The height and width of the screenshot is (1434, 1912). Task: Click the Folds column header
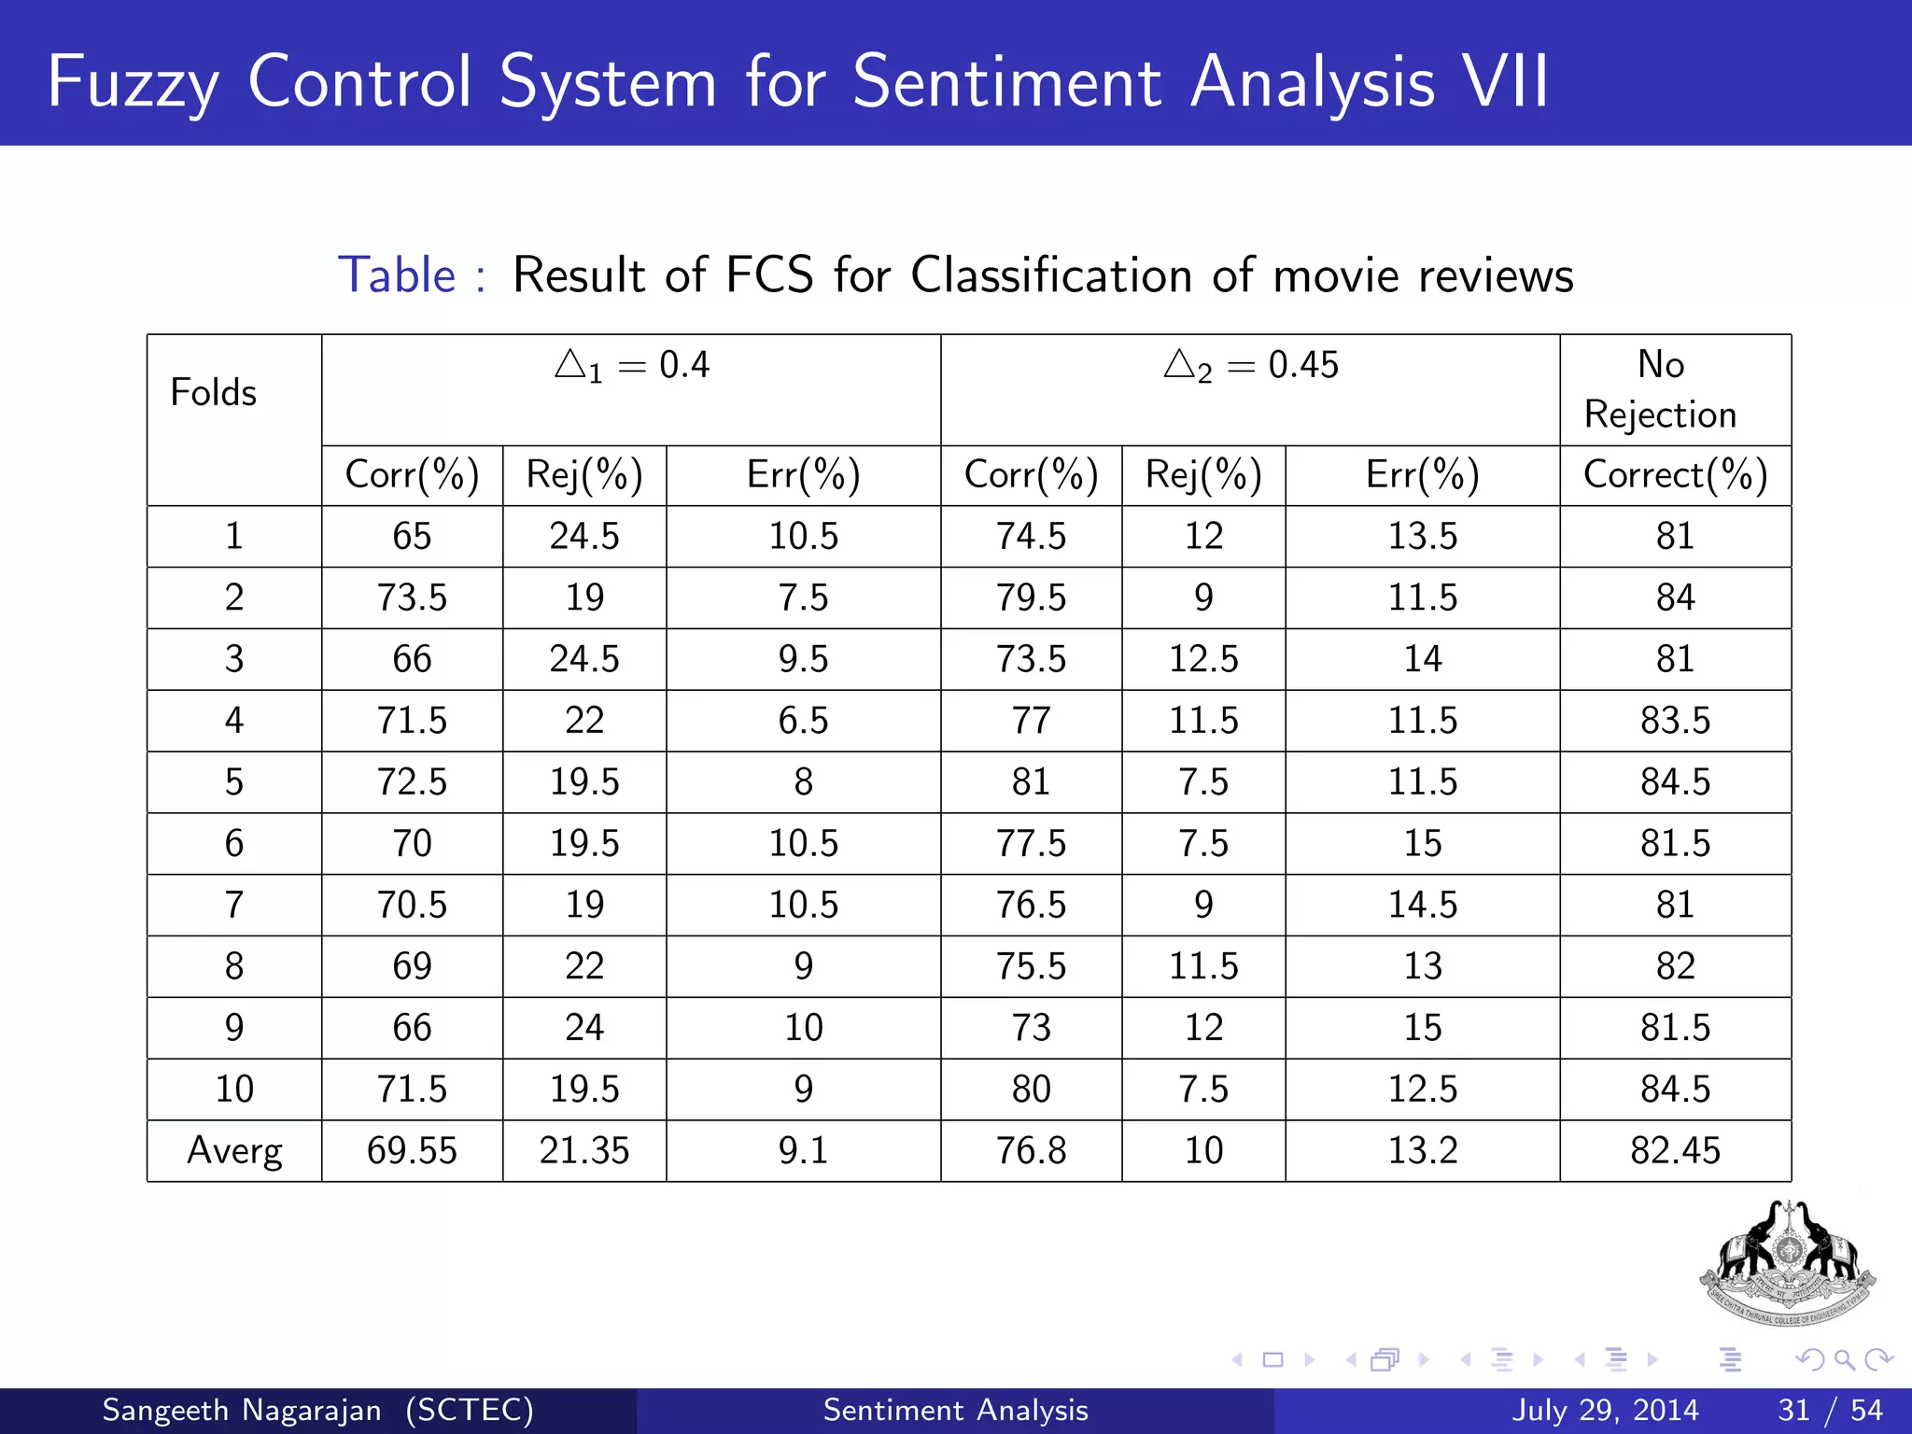pyautogui.click(x=213, y=393)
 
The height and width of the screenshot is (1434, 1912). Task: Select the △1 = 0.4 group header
pyautogui.click(x=631, y=365)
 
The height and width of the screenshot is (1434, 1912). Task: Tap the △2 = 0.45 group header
pyautogui.click(x=1250, y=365)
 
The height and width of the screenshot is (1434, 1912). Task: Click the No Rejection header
pyautogui.click(x=1660, y=389)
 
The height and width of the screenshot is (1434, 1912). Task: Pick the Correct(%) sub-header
pyautogui.click(x=1675, y=475)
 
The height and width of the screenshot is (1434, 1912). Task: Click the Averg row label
pyautogui.click(x=234, y=1150)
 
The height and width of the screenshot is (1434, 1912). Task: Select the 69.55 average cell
pyautogui.click(x=412, y=1150)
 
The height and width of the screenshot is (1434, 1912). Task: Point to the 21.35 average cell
pyautogui.click(x=584, y=1150)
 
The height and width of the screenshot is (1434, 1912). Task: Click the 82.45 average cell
pyautogui.click(x=1675, y=1150)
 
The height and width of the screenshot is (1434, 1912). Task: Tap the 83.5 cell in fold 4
pyautogui.click(x=1675, y=721)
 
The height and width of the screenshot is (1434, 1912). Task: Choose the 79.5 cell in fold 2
pyautogui.click(x=1031, y=597)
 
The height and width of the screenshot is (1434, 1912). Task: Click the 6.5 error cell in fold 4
pyautogui.click(x=803, y=721)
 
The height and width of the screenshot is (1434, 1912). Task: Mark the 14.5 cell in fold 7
pyautogui.click(x=1422, y=905)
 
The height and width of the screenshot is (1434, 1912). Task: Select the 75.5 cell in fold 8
pyautogui.click(x=1031, y=966)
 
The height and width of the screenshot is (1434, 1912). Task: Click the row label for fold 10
pyautogui.click(x=234, y=1089)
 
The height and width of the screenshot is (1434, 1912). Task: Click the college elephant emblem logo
pyautogui.click(x=1787, y=1262)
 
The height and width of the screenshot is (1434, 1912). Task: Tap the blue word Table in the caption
pyautogui.click(x=397, y=275)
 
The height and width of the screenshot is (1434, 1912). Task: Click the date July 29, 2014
pyautogui.click(x=1605, y=1410)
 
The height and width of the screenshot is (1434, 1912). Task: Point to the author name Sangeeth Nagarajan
pyautogui.click(x=241, y=1410)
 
